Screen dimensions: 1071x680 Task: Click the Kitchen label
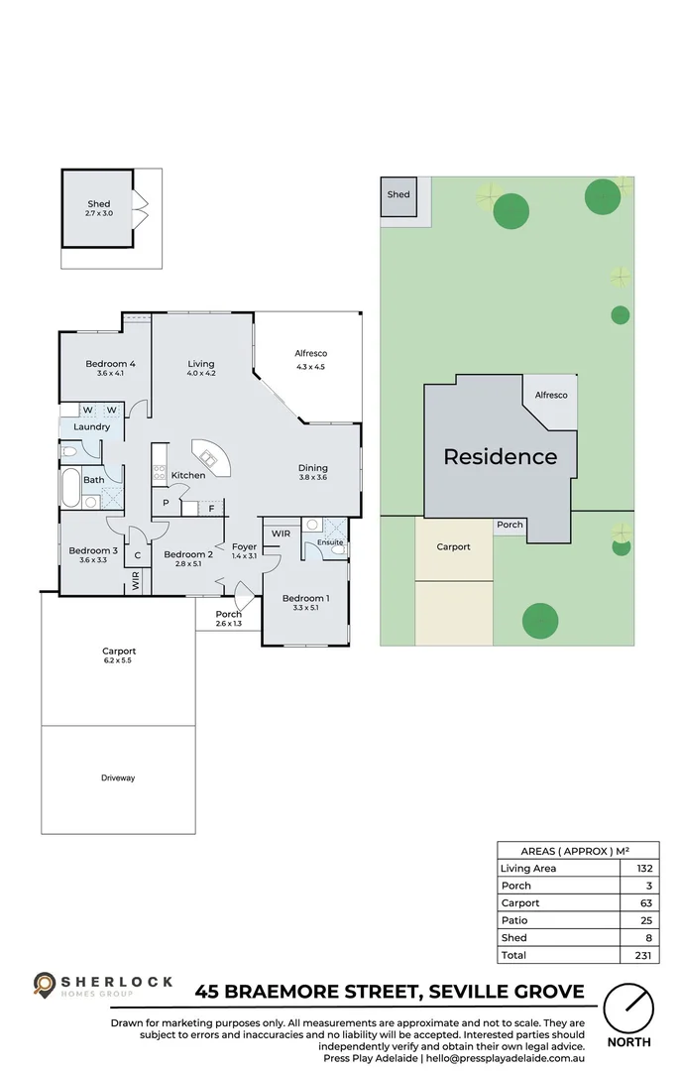coord(188,476)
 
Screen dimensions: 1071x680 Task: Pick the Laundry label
coord(91,427)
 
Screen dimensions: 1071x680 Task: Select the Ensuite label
coord(330,542)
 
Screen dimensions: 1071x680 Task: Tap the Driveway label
coord(118,778)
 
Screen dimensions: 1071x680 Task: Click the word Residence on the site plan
coord(500,457)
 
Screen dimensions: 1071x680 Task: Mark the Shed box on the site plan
coord(398,195)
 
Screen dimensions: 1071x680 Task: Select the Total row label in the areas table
coord(513,955)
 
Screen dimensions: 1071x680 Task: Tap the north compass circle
coord(628,1009)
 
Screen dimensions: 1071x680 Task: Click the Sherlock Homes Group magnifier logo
coord(45,984)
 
